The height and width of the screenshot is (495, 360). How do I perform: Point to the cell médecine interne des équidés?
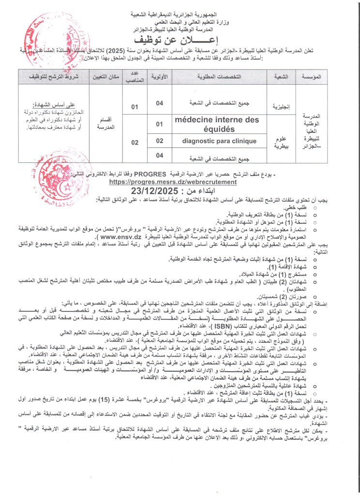pyautogui.click(x=217, y=124)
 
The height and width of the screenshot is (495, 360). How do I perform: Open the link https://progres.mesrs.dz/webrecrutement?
pyautogui.click(x=174, y=182)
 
